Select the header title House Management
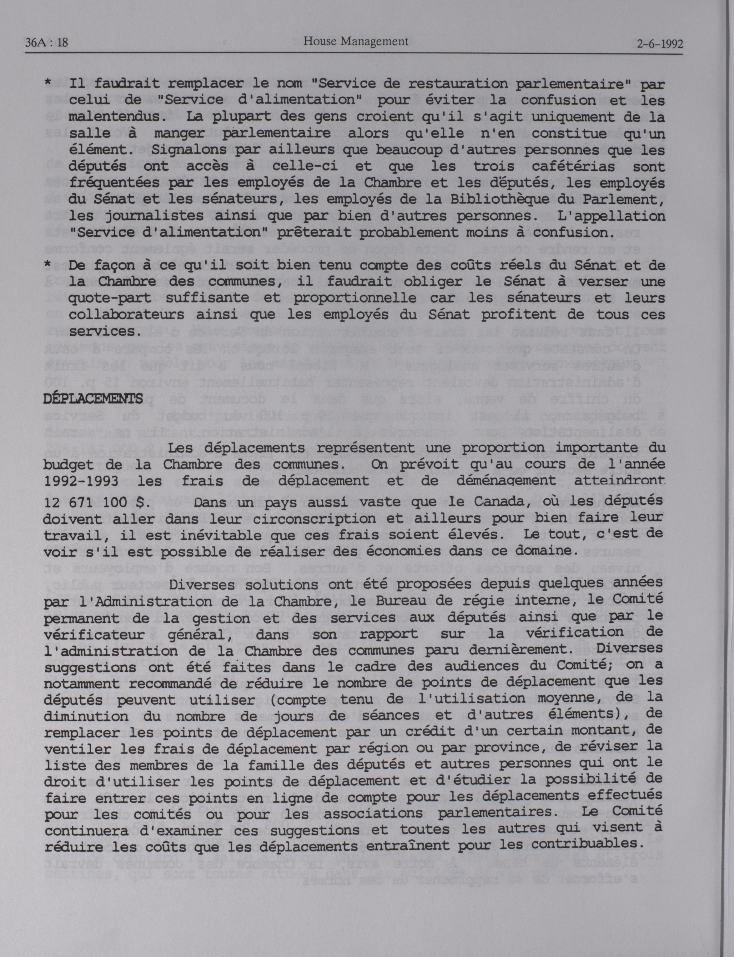(356, 42)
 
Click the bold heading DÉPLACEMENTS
(93, 398)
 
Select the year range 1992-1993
(81, 481)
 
